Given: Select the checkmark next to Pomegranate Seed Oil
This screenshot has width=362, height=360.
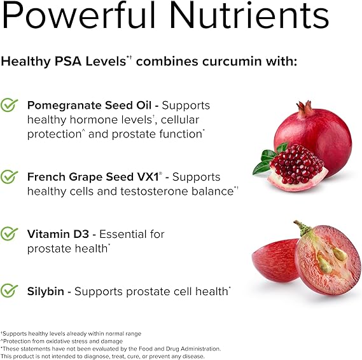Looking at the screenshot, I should [9, 105].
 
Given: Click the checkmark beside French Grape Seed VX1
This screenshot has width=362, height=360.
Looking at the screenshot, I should [9, 177].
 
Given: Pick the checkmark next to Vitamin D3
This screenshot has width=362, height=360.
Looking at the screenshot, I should [9, 234].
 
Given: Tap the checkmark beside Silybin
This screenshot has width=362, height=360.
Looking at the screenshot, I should [9, 291].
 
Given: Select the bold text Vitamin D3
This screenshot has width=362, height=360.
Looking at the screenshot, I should [55, 234].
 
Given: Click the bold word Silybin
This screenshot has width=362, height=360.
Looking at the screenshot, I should [45, 291].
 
